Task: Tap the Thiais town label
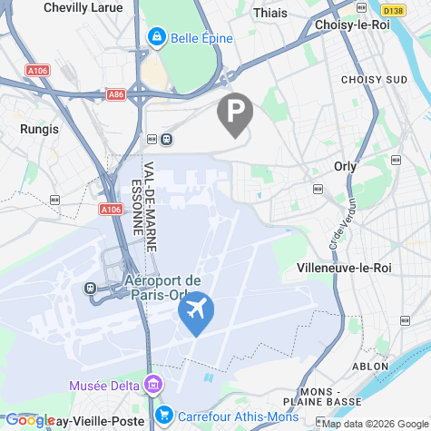(x=271, y=13)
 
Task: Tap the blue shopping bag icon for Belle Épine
(x=156, y=37)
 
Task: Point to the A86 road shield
(x=115, y=93)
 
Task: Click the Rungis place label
(x=39, y=129)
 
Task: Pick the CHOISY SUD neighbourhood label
(x=374, y=80)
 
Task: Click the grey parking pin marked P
(x=235, y=113)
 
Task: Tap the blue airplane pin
(x=196, y=312)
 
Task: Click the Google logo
(x=30, y=420)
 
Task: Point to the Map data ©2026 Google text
(x=374, y=424)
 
